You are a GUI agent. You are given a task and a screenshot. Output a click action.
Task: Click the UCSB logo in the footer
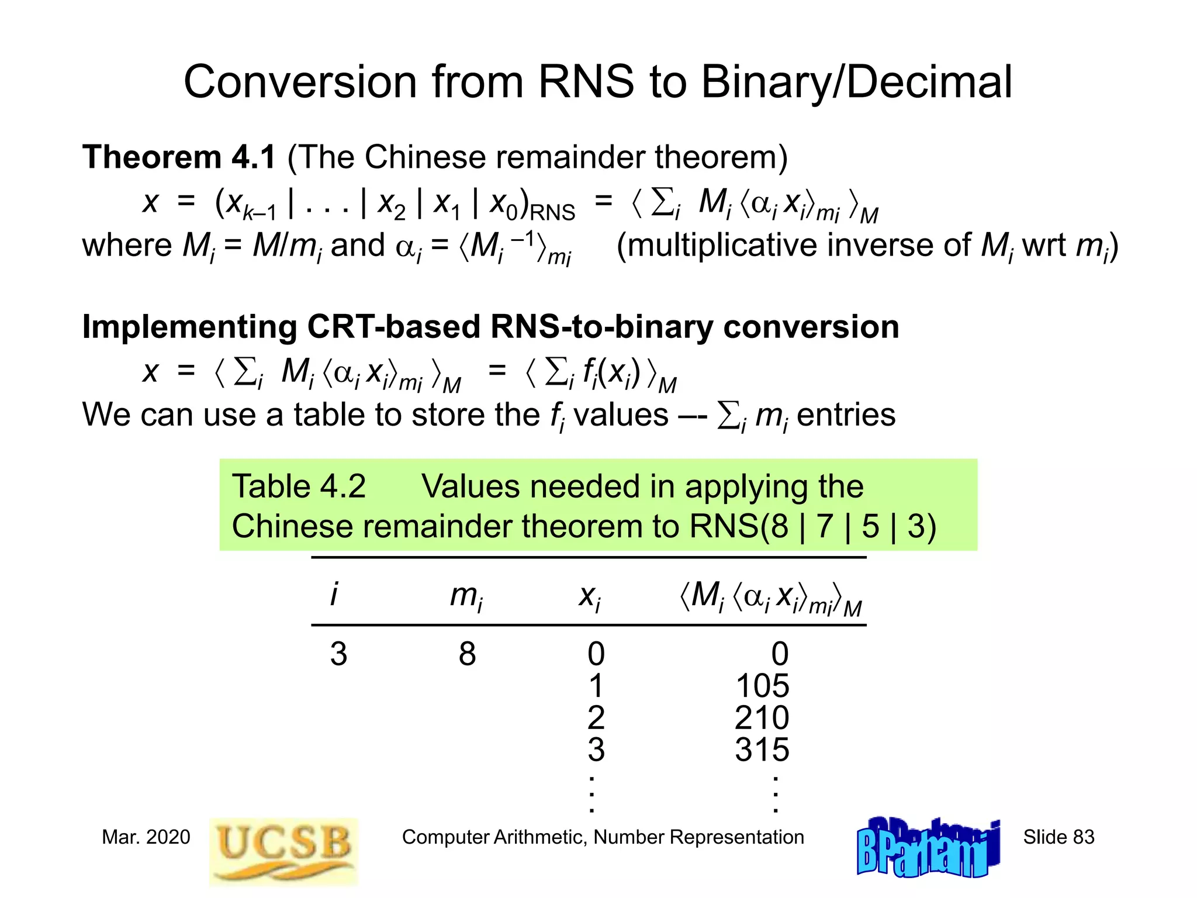point(283,851)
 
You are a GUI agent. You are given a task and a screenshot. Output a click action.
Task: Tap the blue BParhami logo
point(928,848)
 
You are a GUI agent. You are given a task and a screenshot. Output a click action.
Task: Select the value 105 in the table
point(762,686)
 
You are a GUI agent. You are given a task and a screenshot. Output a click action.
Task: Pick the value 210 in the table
point(762,718)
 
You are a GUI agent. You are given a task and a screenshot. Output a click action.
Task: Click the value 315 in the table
point(762,750)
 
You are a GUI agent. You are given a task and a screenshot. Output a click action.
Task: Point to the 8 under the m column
point(467,654)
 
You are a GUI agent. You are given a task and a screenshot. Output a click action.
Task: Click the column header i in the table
point(334,595)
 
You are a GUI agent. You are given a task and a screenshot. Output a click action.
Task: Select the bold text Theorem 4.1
point(179,157)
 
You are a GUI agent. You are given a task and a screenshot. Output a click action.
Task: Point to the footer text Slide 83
point(1058,837)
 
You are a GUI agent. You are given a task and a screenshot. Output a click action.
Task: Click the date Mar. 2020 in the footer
point(146,837)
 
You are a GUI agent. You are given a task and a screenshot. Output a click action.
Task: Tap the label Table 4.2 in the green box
point(299,486)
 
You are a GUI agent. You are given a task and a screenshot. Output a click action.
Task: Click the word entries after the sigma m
point(846,415)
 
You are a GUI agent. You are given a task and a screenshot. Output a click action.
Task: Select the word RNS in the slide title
point(586,82)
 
